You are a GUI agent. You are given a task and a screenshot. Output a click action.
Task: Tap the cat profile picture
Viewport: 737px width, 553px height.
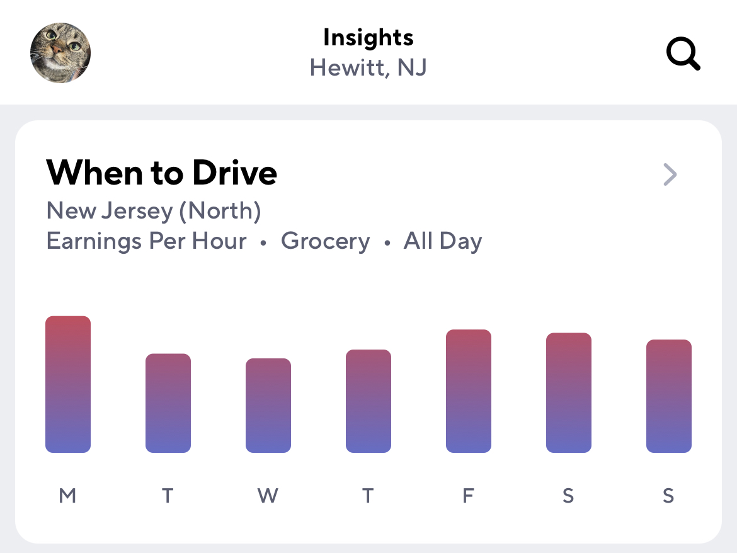click(x=60, y=53)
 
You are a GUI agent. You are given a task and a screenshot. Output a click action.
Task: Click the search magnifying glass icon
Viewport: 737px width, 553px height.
click(x=683, y=53)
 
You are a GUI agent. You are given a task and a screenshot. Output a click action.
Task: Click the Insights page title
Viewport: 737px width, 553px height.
click(x=368, y=38)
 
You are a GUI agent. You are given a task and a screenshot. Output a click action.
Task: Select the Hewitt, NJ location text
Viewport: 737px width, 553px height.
click(x=368, y=67)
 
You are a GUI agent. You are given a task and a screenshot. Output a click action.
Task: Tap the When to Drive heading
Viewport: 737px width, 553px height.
click(x=162, y=173)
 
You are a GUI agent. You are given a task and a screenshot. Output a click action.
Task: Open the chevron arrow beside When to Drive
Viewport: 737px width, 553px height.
click(x=670, y=174)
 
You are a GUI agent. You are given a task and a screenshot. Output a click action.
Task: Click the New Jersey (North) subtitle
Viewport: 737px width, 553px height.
click(x=154, y=211)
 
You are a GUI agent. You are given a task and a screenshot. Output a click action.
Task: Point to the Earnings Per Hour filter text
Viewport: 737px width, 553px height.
click(x=146, y=241)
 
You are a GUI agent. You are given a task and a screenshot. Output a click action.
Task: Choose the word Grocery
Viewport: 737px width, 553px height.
click(x=325, y=241)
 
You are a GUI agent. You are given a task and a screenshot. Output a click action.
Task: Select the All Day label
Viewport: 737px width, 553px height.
click(x=443, y=241)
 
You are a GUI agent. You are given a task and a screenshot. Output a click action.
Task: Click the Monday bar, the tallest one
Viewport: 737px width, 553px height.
click(x=68, y=384)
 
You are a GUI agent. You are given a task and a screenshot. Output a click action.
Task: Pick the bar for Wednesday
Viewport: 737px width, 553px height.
click(x=268, y=406)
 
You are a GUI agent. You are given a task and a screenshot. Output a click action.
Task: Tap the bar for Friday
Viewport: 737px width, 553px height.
click(x=469, y=391)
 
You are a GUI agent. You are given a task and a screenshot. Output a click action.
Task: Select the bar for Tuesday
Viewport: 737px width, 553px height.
click(x=168, y=403)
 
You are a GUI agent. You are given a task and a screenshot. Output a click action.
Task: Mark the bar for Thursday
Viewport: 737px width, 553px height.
click(x=368, y=401)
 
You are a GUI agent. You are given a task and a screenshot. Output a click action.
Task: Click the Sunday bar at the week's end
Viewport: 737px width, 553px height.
click(x=669, y=396)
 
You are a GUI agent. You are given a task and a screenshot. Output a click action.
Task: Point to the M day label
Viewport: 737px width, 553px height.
click(x=67, y=496)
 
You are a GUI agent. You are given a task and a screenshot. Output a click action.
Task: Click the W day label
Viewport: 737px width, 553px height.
click(x=268, y=496)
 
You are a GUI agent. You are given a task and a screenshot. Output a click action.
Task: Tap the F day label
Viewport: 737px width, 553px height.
click(x=468, y=496)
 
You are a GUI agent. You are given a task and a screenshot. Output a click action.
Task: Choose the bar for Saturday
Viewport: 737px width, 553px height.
click(x=569, y=393)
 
